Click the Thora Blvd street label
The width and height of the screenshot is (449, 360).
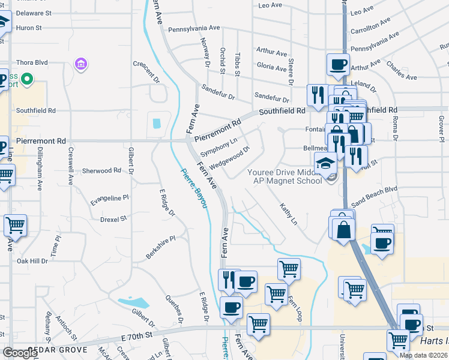[x=32, y=62]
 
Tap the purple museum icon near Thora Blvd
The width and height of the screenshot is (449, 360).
[x=81, y=64]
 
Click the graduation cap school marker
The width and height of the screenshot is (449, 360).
[x=326, y=163]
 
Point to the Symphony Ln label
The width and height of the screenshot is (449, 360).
[x=219, y=146]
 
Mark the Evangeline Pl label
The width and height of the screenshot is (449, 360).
[x=109, y=197]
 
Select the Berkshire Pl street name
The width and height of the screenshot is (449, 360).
[x=160, y=247]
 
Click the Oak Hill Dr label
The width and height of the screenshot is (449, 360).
[x=32, y=261]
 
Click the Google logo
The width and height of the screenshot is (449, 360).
[x=20, y=353]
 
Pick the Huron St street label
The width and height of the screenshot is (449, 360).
[x=29, y=28]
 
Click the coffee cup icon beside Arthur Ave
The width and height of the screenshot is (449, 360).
[x=338, y=64]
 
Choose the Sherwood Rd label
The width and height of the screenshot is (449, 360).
[x=101, y=170]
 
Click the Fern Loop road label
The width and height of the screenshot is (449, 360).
[x=294, y=308]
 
